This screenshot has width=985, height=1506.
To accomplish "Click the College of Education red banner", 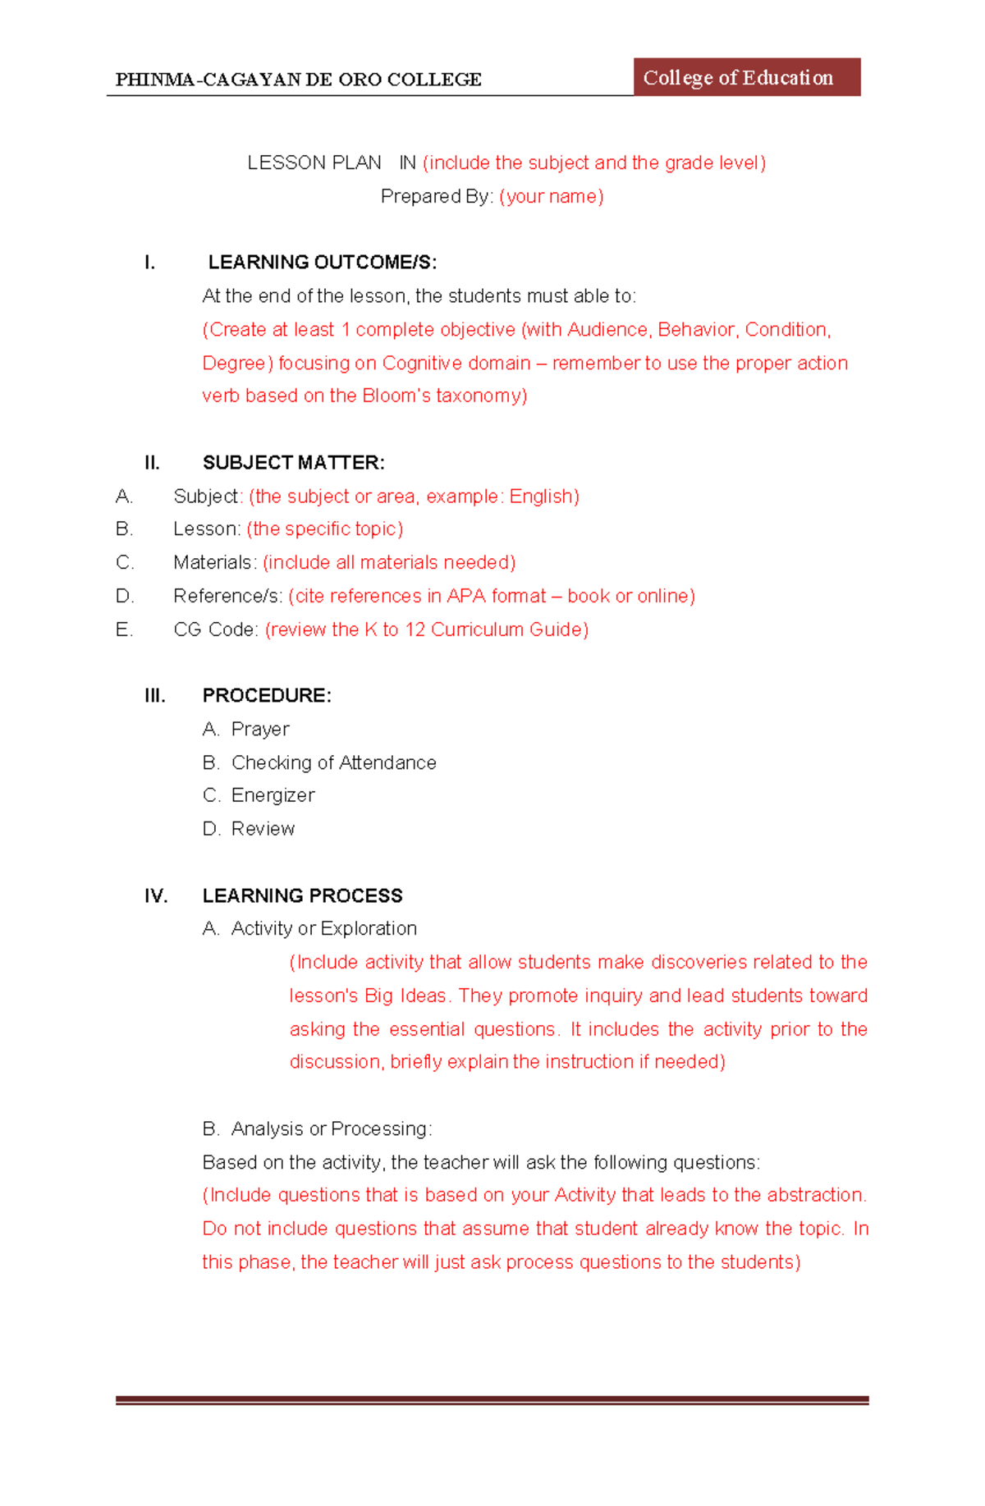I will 746,77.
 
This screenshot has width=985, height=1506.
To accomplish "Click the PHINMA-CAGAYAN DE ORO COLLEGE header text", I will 298,80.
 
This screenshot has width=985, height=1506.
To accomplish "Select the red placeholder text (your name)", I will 551,196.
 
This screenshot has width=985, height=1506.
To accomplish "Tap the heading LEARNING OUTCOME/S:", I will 322,263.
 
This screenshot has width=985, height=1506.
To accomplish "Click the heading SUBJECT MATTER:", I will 293,463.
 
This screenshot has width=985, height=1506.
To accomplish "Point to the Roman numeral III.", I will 154,696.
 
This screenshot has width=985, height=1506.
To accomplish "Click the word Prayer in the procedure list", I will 260,729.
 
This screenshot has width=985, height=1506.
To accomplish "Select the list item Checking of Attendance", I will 333,762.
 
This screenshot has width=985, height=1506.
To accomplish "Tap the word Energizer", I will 273,795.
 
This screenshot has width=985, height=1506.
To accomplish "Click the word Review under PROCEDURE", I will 263,829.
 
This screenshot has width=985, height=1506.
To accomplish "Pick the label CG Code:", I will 216,629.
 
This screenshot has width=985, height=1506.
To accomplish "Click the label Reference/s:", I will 227,596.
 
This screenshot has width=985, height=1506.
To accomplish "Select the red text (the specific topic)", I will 324,529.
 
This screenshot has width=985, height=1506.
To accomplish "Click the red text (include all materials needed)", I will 388,562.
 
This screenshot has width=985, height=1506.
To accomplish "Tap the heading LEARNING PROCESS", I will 302,895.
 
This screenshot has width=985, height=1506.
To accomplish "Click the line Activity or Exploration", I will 323,928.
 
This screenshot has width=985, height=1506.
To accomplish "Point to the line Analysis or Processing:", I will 331,1128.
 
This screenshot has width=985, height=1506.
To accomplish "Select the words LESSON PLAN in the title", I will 314,163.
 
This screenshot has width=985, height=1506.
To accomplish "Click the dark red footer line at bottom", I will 492,1400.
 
